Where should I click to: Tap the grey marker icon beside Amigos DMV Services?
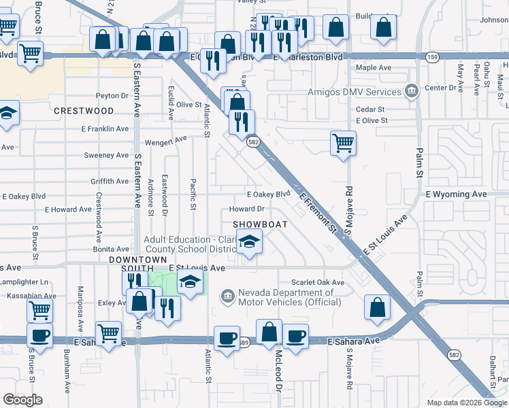point(411,91)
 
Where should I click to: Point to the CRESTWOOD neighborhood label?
point(84,111)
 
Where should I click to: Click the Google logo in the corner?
point(22,400)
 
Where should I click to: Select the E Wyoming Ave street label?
point(457,194)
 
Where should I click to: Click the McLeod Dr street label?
point(279,368)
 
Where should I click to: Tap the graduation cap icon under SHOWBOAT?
point(250,241)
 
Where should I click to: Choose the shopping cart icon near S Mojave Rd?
point(344,143)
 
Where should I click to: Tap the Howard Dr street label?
point(246,209)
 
